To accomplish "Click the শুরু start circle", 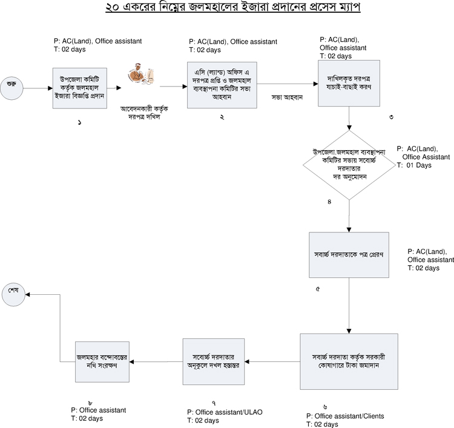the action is [12, 88].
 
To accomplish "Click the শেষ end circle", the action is [13, 294].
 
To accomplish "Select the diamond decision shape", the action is [349, 165].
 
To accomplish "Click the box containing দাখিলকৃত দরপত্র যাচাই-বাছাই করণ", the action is [349, 83].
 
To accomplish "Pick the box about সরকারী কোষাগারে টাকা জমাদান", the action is [349, 361].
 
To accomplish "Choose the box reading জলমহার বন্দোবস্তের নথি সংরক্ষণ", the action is [102, 361].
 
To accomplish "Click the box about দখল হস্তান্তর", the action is [214, 361].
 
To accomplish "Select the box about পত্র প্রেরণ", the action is [349, 255].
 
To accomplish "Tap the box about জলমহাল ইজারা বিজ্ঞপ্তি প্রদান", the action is [80, 88].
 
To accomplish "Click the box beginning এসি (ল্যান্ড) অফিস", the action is [222, 85].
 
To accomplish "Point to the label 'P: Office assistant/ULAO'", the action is [225, 412].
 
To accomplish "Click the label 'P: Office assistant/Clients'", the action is [345, 416].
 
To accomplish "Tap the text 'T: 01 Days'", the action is [414, 165].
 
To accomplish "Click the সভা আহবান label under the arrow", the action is [287, 97].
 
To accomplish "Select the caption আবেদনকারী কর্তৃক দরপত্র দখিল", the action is [144, 113].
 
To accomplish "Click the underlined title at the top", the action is [233, 7].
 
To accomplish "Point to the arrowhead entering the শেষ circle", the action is [27, 294].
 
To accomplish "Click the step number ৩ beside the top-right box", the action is [391, 117].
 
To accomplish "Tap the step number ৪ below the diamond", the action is [329, 202].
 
